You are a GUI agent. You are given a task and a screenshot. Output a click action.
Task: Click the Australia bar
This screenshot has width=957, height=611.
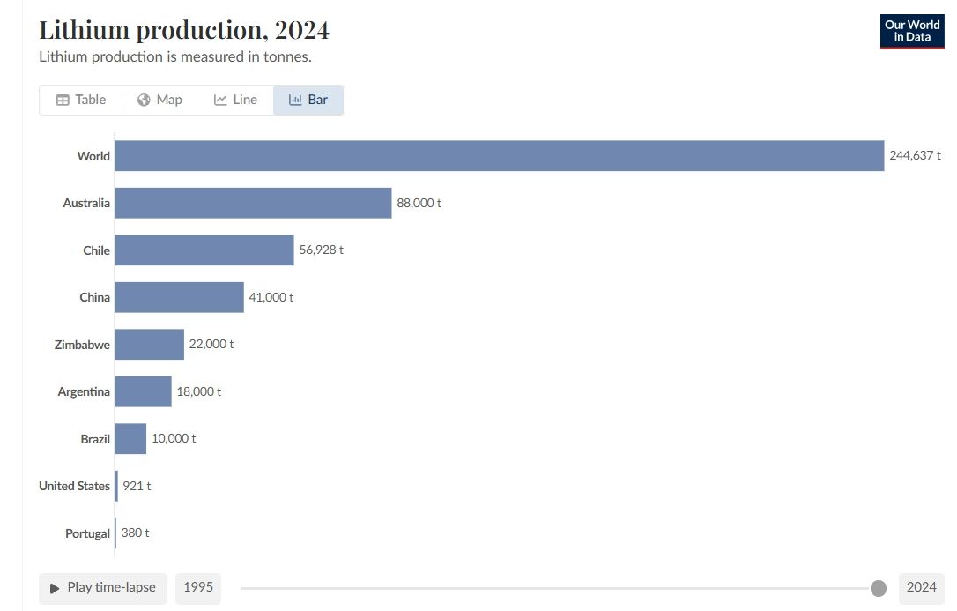tap(253, 203)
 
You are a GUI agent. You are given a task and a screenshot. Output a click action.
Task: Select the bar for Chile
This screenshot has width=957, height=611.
tap(204, 250)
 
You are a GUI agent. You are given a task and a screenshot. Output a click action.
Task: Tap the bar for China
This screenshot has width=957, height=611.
tap(179, 297)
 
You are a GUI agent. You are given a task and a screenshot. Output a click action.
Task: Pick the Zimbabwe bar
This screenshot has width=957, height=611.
tap(149, 344)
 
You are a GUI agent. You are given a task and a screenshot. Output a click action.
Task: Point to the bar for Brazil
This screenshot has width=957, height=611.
tap(130, 438)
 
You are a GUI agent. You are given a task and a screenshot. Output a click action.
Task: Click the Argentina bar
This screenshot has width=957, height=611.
tap(143, 391)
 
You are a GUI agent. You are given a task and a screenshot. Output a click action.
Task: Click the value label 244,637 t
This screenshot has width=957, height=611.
tap(915, 155)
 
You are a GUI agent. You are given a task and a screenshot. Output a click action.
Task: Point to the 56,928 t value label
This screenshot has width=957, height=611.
tap(322, 250)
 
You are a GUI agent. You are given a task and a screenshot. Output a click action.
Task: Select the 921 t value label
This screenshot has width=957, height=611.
tap(137, 486)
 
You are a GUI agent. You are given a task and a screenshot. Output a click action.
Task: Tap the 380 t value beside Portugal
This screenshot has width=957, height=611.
tap(135, 533)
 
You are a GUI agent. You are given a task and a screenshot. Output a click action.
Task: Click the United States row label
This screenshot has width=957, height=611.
tap(74, 486)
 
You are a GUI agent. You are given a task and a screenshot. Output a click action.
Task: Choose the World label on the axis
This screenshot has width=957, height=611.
tap(93, 156)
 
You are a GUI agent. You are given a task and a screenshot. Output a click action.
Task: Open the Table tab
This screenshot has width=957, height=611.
tap(81, 100)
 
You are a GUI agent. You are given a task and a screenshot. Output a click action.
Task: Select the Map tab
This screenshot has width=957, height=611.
tap(159, 100)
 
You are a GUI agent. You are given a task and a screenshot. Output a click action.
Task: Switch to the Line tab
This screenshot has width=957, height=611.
tap(235, 100)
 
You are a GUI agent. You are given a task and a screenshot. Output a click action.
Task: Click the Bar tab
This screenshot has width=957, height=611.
tap(308, 100)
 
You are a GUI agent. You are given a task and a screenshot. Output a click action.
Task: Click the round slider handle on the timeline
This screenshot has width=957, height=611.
tap(878, 588)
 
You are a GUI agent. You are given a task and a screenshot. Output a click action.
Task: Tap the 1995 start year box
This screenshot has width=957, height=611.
tap(198, 587)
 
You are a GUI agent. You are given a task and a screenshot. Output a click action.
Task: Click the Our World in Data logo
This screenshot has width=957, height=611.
tap(912, 31)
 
